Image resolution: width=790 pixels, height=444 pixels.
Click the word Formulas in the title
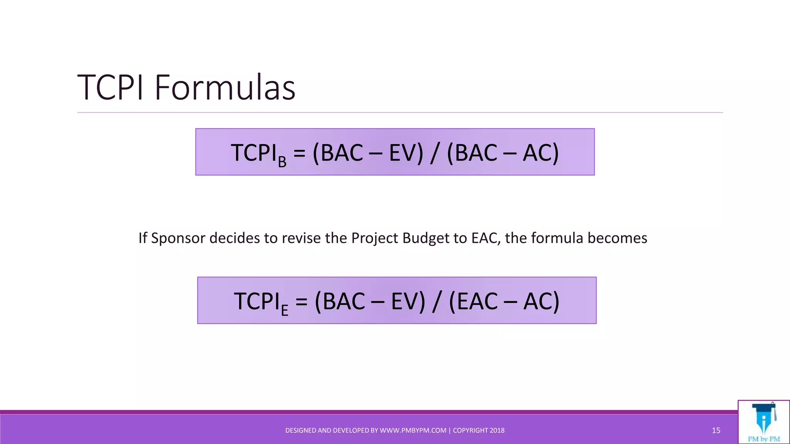(x=225, y=88)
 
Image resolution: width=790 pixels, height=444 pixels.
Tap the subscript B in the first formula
(x=282, y=162)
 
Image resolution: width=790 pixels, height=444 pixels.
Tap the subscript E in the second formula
(x=285, y=311)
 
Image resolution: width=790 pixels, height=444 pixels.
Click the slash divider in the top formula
(x=434, y=153)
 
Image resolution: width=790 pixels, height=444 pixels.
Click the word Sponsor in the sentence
(x=178, y=238)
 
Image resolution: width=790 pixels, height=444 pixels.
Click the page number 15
(x=716, y=431)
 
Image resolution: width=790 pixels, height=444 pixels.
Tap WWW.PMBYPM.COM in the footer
(x=413, y=431)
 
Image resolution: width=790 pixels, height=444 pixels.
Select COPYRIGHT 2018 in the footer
(x=478, y=431)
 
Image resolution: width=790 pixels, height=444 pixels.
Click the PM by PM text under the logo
(x=764, y=439)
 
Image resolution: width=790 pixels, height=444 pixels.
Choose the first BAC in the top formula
(x=341, y=153)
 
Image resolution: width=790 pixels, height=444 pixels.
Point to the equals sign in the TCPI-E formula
(x=302, y=302)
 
